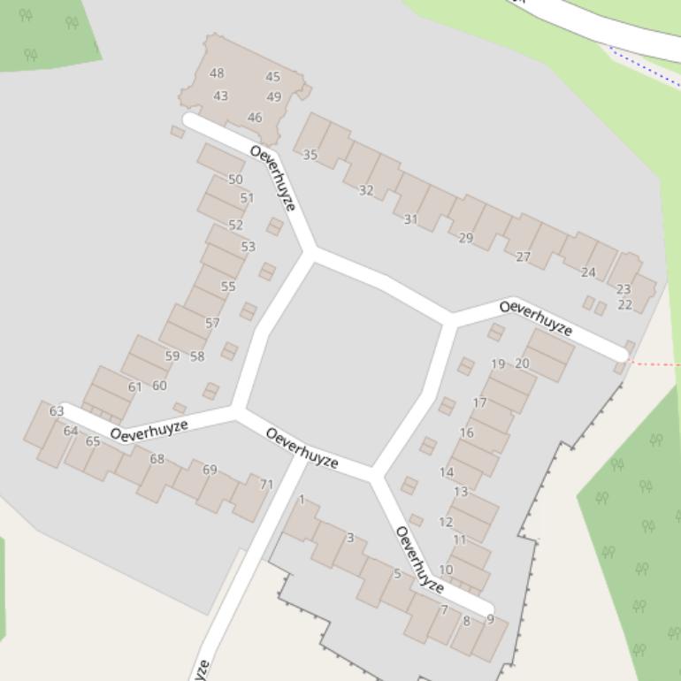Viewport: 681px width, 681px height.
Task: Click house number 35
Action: click(x=310, y=155)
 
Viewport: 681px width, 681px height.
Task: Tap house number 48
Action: click(x=217, y=73)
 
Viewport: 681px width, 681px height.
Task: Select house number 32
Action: click(x=366, y=190)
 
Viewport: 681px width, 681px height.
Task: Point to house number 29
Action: click(x=466, y=238)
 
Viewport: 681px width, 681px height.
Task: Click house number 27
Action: click(x=523, y=257)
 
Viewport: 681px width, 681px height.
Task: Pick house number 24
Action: click(x=588, y=272)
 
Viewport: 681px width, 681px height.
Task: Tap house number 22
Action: click(x=625, y=305)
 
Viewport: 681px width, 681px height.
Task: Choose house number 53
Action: click(x=248, y=247)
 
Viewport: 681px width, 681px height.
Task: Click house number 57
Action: click(x=212, y=323)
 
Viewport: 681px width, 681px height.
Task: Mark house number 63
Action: click(x=57, y=411)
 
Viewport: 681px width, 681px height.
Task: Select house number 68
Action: click(x=157, y=459)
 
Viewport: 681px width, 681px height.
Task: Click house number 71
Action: click(x=266, y=484)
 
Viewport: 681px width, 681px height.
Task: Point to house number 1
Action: click(x=302, y=500)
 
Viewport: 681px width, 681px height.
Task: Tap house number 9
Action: click(x=490, y=619)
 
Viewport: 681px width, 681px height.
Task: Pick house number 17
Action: click(x=479, y=402)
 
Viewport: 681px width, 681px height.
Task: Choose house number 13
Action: click(x=460, y=492)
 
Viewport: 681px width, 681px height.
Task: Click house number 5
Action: click(x=396, y=574)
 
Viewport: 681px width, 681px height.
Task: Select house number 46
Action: click(x=255, y=117)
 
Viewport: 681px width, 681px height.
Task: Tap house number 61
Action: click(x=134, y=387)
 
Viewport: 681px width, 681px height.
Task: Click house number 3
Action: click(x=350, y=538)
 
